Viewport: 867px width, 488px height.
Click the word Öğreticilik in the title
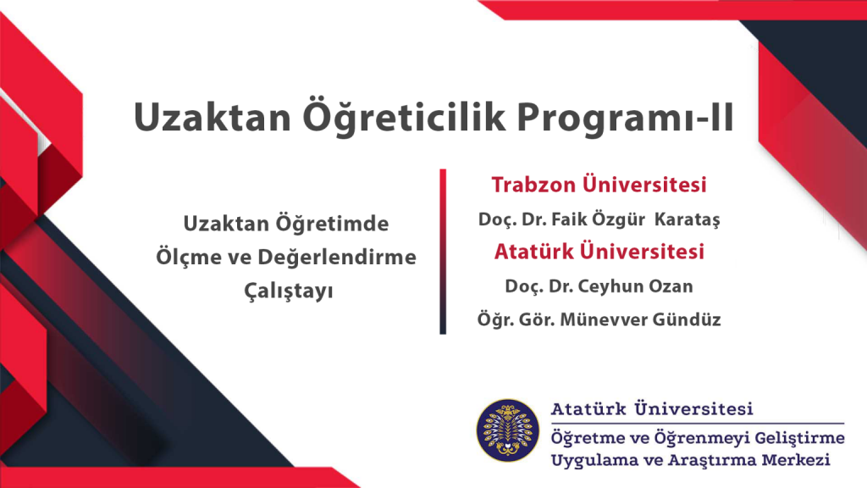point(404,117)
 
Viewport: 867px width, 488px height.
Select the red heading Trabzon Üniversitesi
point(599,185)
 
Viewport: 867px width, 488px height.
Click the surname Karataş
point(688,219)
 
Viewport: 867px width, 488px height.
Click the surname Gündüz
point(687,319)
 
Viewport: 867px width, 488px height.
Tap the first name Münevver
point(604,319)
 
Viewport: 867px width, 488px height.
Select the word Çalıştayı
point(289,291)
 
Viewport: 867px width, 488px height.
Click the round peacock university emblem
point(508,430)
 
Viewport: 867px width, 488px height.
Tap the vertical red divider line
point(443,252)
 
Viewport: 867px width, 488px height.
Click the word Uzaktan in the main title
point(213,118)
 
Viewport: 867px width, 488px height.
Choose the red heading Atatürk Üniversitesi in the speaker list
point(599,252)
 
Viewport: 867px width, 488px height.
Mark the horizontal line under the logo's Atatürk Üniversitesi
point(698,424)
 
